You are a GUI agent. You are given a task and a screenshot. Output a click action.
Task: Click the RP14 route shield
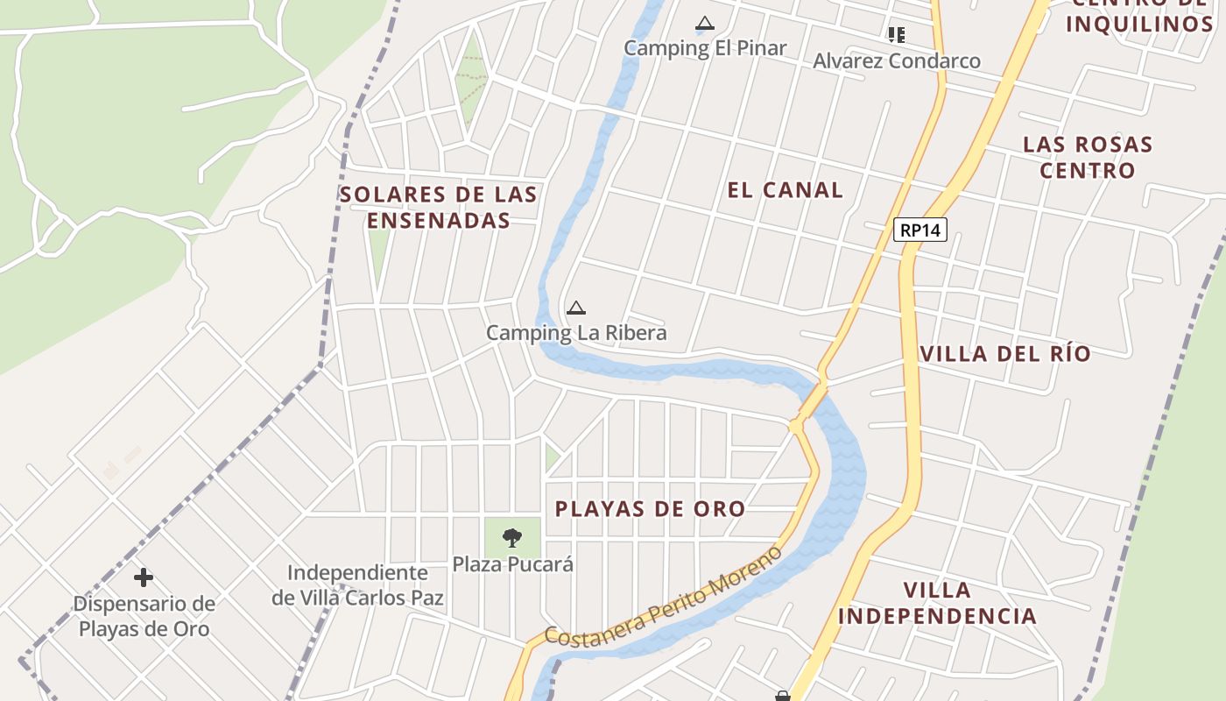(920, 230)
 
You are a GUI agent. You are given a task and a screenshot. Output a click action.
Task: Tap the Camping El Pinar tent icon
(705, 25)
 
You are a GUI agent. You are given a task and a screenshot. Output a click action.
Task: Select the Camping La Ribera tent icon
(575, 308)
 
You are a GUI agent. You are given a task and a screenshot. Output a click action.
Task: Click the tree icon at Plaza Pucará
(512, 537)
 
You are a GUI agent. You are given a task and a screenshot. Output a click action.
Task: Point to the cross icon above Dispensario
(144, 577)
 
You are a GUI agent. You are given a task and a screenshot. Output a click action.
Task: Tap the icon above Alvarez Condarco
(896, 35)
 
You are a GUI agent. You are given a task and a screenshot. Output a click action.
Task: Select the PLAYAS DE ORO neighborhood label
(650, 509)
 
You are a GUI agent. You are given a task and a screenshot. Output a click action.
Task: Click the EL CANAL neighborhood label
(785, 190)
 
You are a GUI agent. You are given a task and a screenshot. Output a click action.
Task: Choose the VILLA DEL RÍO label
(1005, 354)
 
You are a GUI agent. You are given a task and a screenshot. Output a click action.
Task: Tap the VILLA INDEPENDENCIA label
(937, 603)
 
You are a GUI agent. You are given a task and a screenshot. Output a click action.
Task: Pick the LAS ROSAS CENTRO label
(1088, 157)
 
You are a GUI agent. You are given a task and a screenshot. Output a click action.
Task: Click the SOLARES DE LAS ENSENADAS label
(438, 207)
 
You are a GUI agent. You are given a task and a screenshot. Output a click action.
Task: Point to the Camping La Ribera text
(576, 333)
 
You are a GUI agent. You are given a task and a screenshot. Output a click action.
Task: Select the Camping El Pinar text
(705, 48)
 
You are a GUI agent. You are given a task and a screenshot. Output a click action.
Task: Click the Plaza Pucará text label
(512, 564)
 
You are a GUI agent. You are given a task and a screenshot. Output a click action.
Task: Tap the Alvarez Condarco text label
(896, 60)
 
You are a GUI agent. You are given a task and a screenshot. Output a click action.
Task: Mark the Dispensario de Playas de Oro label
(144, 616)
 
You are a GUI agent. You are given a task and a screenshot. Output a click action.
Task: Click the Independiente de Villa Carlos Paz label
(357, 585)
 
